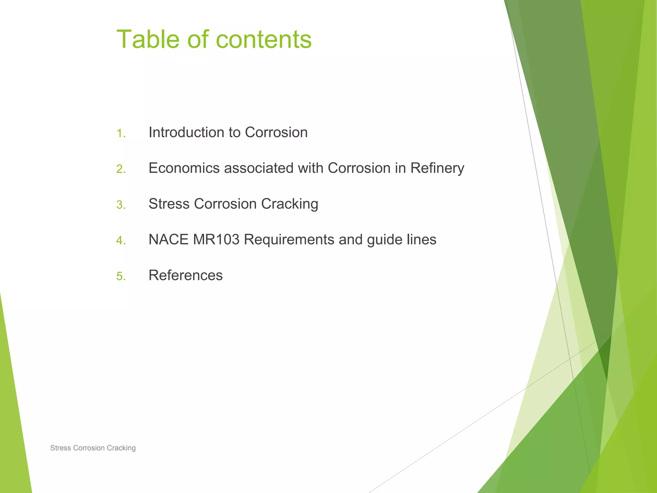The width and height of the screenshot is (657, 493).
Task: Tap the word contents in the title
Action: click(264, 40)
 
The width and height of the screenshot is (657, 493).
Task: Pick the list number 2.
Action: click(121, 169)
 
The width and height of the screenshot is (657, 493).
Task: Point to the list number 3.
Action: click(121, 205)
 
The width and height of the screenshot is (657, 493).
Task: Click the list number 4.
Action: click(121, 240)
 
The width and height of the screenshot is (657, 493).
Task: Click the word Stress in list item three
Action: click(169, 204)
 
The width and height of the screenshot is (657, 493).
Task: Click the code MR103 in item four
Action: click(216, 239)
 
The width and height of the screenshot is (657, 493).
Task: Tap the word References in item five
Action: click(185, 275)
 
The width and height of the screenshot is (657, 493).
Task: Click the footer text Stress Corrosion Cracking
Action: click(93, 448)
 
